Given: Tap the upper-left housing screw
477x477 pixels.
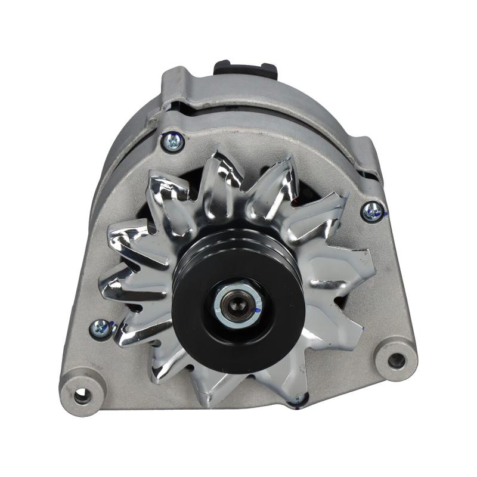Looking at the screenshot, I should pos(173,141).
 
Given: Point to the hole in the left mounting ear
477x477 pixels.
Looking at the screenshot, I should pos(80,394).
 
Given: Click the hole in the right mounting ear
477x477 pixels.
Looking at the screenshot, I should pos(395,360).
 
